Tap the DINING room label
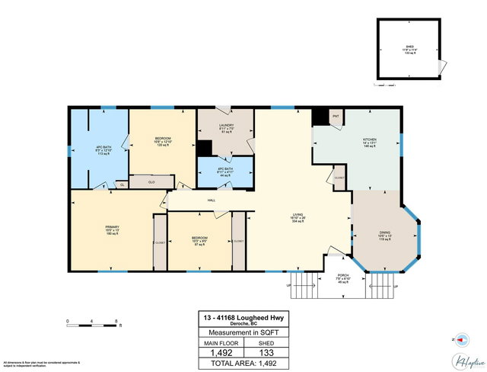385,233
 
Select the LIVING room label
297,215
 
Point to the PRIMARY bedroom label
113,227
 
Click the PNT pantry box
336,117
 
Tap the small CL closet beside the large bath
122,184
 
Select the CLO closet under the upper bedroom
151,182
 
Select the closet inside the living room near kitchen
339,178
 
